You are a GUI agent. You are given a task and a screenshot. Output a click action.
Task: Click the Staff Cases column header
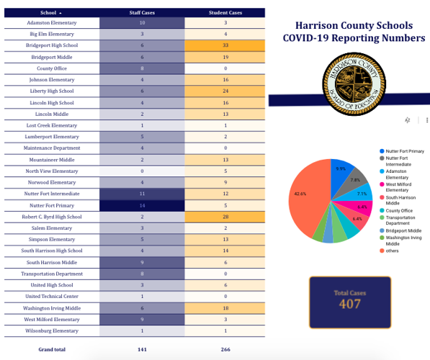click(142, 13)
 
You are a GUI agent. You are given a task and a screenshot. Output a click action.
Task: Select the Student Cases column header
click(225, 13)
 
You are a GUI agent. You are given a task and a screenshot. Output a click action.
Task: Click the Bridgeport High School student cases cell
click(225, 44)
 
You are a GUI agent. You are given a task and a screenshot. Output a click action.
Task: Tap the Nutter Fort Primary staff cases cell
click(142, 205)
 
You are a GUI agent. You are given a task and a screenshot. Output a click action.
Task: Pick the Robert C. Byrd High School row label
click(53, 216)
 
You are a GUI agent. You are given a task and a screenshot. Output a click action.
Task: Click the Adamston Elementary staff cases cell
click(142, 23)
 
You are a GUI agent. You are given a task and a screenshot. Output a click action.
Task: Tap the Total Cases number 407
click(351, 303)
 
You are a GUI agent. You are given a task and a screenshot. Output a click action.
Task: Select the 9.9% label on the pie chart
click(341, 168)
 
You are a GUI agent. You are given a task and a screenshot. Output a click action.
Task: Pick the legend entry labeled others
click(393, 251)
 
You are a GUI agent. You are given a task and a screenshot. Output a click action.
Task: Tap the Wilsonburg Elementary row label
click(53, 330)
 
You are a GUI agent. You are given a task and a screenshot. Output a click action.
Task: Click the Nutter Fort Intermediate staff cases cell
click(142, 193)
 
